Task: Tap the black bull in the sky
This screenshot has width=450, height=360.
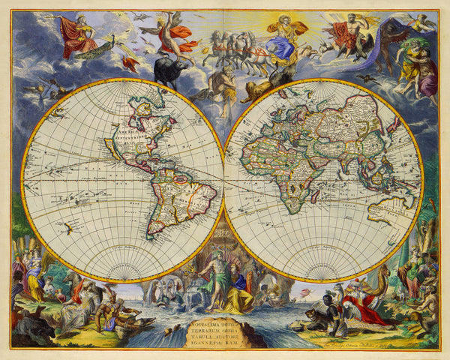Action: coord(170,72)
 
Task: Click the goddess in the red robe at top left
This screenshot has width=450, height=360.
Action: coord(76,35)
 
